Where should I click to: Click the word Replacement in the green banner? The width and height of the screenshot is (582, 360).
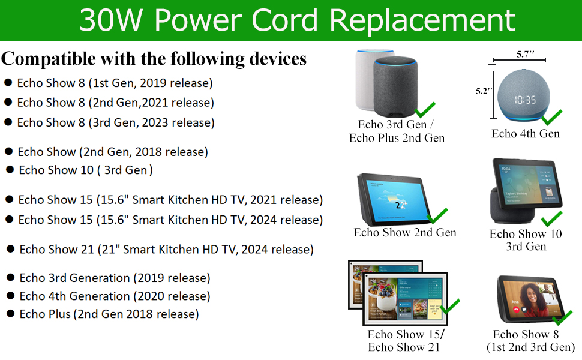422,21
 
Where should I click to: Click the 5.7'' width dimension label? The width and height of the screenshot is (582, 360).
525,54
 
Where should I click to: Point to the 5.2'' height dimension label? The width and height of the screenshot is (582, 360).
484,91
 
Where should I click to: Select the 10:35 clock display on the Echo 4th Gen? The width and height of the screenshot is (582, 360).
525,100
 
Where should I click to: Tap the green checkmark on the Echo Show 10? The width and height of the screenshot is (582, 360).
551,219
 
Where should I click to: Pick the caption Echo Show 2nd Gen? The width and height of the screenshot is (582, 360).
405,232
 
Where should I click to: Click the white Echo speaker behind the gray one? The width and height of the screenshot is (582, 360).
367,80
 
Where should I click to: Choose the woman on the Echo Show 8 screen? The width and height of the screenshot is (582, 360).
531,301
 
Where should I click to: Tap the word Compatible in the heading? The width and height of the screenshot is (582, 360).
48,59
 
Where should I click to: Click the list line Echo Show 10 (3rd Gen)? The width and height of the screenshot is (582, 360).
86,170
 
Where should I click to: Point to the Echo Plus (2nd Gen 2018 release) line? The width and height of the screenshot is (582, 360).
109,314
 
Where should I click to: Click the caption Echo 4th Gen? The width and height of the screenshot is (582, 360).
526,133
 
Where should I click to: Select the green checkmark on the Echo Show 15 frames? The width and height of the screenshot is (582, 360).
449,306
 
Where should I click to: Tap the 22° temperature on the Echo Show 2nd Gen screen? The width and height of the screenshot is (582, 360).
401,205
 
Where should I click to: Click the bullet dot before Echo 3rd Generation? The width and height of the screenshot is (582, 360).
10,277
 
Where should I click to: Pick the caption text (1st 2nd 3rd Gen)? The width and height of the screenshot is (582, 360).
531,347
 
